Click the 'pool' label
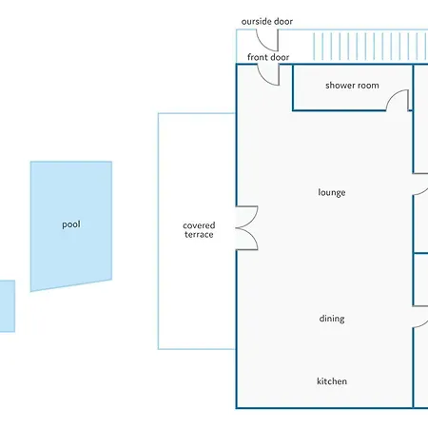click(x=71, y=224)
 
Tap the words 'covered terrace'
click(x=199, y=230)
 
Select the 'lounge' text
click(x=332, y=192)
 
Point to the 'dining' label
click(x=332, y=319)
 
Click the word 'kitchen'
click(x=332, y=381)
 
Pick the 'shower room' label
click(x=352, y=86)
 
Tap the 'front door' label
click(x=268, y=57)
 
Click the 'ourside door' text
click(x=267, y=22)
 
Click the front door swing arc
click(x=263, y=80)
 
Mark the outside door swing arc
click(x=263, y=45)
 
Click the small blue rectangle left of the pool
click(x=8, y=306)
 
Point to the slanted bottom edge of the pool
click(x=71, y=285)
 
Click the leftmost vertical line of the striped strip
click(x=314, y=47)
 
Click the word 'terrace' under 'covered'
click(x=199, y=235)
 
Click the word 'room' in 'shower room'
click(x=368, y=86)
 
